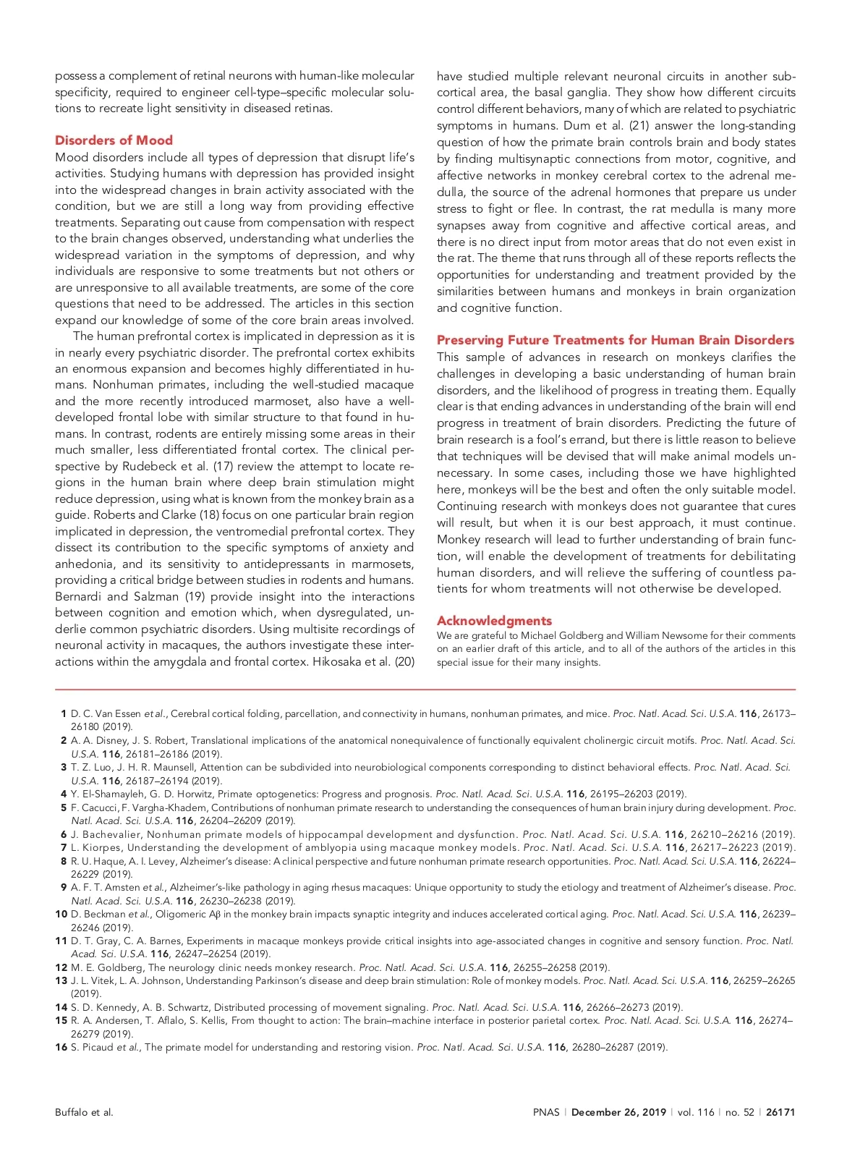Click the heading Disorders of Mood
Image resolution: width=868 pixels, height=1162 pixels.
[x=114, y=140]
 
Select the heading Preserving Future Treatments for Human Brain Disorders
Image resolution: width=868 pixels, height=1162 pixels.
[x=615, y=340]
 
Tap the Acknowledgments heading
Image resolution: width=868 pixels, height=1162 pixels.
[x=494, y=621]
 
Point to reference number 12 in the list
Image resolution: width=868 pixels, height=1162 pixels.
[x=61, y=967]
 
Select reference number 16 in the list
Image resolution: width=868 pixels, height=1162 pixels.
[x=61, y=1047]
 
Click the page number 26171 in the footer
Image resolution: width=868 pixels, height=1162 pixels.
[x=780, y=1112]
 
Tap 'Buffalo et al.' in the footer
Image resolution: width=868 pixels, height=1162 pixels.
[x=84, y=1112]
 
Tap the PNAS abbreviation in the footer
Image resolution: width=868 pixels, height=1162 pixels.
[x=546, y=1112]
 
